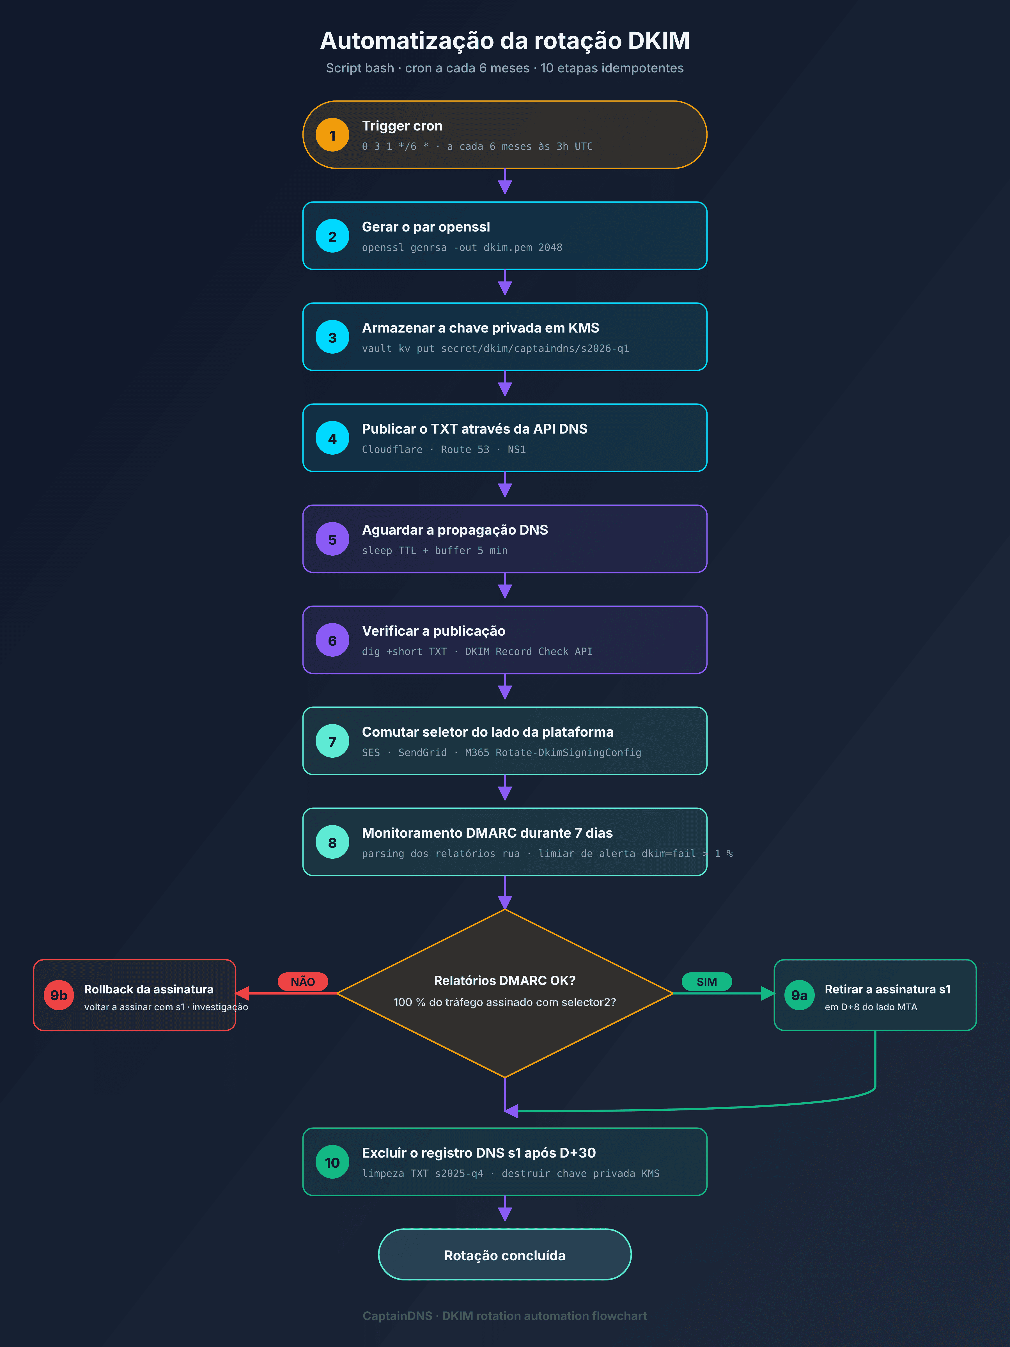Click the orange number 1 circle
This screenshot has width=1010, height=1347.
point(332,135)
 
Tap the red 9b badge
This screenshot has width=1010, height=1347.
point(59,995)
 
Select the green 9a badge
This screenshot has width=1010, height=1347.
point(799,995)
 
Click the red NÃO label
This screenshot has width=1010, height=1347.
point(302,982)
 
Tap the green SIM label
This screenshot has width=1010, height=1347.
point(707,982)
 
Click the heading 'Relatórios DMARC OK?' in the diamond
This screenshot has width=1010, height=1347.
point(505,981)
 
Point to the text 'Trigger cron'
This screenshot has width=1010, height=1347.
point(402,126)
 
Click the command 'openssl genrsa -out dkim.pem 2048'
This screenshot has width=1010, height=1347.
point(462,247)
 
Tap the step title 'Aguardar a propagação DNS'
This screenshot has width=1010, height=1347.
point(455,530)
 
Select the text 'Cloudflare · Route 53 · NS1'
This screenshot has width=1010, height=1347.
point(444,449)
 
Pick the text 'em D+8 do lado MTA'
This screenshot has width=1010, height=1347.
point(871,1007)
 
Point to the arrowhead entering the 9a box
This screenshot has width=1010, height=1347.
point(767,994)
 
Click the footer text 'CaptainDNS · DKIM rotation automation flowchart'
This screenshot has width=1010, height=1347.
point(505,1316)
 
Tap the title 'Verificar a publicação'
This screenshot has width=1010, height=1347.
point(433,631)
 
